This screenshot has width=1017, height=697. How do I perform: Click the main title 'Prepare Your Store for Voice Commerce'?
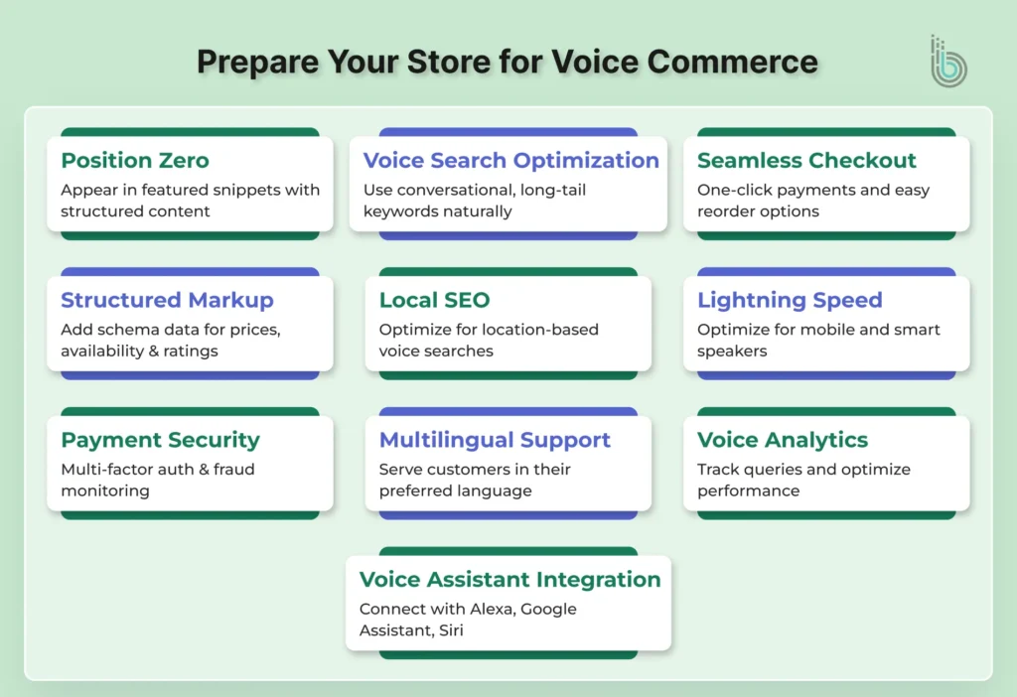(x=508, y=62)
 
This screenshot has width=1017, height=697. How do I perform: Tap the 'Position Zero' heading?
(x=134, y=161)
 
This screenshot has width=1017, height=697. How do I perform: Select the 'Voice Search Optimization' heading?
(x=510, y=161)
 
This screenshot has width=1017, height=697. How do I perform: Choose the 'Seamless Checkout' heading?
(x=806, y=161)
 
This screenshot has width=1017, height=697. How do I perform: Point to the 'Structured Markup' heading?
(x=167, y=301)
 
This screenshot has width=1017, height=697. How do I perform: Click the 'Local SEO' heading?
(x=434, y=301)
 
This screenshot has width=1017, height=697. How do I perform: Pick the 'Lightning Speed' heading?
(x=790, y=301)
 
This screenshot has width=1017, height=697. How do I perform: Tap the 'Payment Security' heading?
(x=160, y=440)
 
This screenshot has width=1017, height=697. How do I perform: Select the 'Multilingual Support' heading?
(x=495, y=440)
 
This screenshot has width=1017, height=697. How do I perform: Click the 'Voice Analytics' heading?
(x=783, y=440)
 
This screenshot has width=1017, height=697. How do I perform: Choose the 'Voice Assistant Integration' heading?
(x=509, y=580)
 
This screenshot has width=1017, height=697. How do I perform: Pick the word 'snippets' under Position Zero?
(x=219, y=190)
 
